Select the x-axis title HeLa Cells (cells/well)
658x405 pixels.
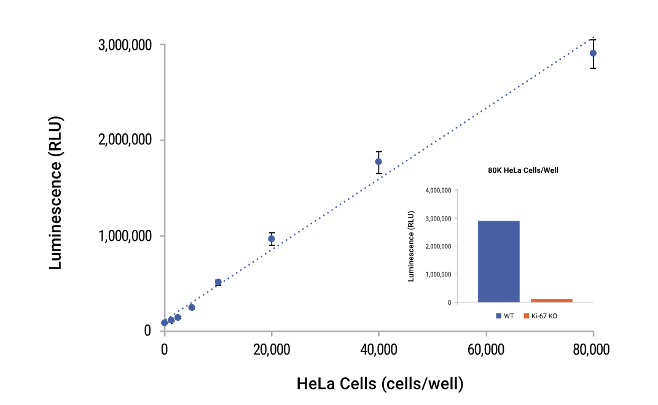coord(380,384)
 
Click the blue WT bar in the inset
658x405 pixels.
coord(498,261)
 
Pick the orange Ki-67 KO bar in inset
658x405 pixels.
coord(552,301)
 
